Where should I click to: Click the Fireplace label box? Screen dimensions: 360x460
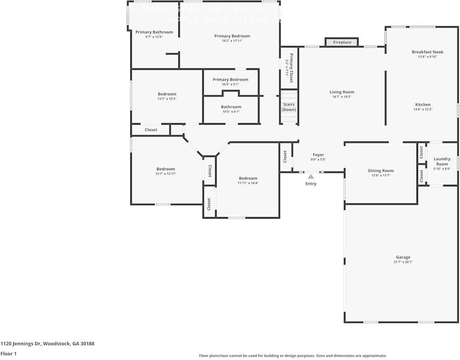pyautogui.click(x=342, y=42)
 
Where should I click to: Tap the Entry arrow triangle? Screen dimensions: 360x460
pyautogui.click(x=311, y=176)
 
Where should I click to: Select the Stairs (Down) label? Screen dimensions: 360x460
pyautogui.click(x=289, y=107)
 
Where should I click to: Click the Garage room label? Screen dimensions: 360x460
pyautogui.click(x=403, y=257)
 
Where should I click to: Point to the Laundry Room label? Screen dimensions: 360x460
pyautogui.click(x=442, y=161)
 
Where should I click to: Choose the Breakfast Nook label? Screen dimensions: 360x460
pyautogui.click(x=427, y=52)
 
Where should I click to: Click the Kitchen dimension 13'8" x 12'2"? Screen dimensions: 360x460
pyautogui.click(x=423, y=109)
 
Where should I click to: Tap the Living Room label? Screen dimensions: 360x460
pyautogui.click(x=342, y=92)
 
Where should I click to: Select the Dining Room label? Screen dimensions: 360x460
pyautogui.click(x=381, y=171)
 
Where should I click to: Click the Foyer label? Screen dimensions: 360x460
pyautogui.click(x=318, y=155)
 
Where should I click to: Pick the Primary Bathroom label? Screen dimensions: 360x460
pyautogui.click(x=154, y=32)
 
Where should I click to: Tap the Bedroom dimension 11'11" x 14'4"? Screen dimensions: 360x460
pyautogui.click(x=248, y=183)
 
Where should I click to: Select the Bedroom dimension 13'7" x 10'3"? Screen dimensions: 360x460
pyautogui.click(x=167, y=99)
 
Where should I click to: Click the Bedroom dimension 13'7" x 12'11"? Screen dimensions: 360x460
pyautogui.click(x=165, y=174)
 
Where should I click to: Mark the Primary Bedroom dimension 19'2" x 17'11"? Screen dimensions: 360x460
pyautogui.click(x=232, y=41)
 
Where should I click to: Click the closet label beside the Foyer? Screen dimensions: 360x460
pyautogui.click(x=285, y=156)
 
